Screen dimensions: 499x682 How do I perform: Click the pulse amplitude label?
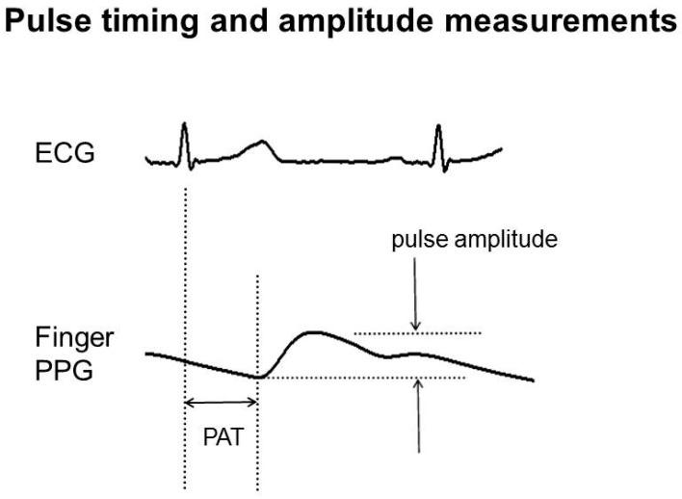[x=474, y=240]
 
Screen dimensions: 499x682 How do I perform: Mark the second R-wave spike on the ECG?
[x=438, y=133]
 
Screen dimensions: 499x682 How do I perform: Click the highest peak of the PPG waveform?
[x=310, y=332]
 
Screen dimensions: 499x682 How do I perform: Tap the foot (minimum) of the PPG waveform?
[x=257, y=376]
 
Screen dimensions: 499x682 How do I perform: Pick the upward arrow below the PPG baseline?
[x=418, y=414]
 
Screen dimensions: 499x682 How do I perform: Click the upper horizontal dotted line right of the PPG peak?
[x=416, y=333]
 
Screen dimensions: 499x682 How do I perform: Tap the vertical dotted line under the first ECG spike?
[x=184, y=289]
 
